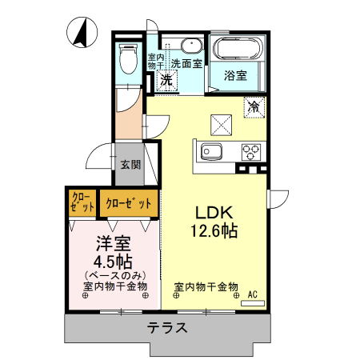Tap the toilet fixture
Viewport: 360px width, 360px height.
128,58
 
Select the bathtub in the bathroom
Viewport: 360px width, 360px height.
237,49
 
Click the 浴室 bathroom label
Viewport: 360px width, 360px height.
235,76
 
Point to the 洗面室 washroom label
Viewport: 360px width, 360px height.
186,63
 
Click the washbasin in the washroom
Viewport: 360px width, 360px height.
191,46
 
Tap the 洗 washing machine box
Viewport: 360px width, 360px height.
167,80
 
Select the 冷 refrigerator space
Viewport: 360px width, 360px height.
254,107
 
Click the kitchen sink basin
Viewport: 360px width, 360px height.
211,152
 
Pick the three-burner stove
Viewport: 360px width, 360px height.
251,152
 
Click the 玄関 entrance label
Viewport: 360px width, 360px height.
130,165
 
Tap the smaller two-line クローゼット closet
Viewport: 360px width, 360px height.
82,202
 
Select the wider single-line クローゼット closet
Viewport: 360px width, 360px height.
129,203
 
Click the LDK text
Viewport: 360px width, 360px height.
214,213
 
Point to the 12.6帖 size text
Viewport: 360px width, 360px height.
214,231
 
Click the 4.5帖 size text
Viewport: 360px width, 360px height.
113,262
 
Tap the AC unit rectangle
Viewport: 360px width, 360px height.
253,303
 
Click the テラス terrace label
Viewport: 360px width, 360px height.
167,328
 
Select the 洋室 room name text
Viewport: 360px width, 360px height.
114,243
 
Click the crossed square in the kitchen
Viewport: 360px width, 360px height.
221,125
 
